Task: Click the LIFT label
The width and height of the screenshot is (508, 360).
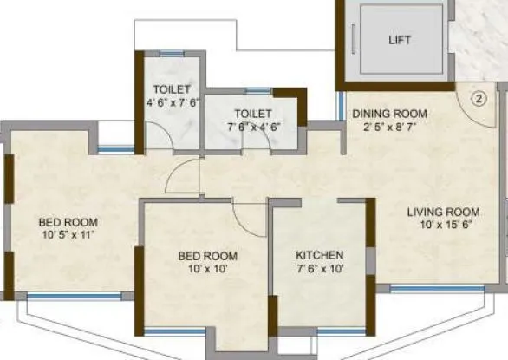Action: pos(400,40)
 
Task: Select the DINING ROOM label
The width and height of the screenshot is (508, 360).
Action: pos(388,113)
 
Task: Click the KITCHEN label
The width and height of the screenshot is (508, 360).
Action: pos(320,255)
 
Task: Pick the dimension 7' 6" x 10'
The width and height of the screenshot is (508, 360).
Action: pos(320,269)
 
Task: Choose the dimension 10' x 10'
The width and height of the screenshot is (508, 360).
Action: pos(207,270)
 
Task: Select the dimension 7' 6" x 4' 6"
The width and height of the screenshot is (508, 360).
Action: pos(252,128)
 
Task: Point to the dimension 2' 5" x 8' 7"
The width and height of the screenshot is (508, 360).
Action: pos(388,127)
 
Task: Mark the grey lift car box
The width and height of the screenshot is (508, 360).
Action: pos(401,40)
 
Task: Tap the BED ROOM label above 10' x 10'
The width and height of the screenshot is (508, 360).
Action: pos(207,256)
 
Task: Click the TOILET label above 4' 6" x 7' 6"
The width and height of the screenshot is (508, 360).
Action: pos(172,89)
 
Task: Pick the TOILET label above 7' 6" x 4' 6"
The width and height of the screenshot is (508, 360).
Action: pos(252,114)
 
